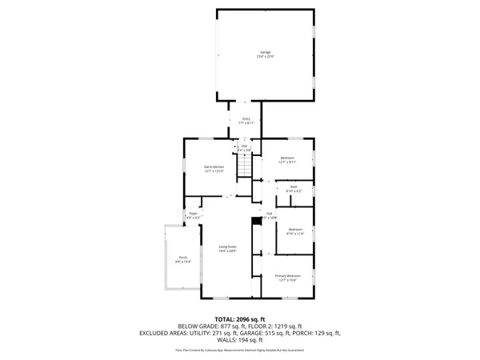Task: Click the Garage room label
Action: tap(266, 52)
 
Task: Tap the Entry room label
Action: tap(246, 119)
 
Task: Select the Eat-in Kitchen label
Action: tap(213, 166)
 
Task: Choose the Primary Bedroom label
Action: tap(286, 276)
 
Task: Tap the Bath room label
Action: tap(294, 186)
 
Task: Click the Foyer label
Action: tap(193, 213)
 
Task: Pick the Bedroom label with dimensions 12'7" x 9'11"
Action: tap(287, 158)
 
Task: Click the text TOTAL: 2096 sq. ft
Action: tap(240, 318)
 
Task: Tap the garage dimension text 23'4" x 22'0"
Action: tap(266, 57)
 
